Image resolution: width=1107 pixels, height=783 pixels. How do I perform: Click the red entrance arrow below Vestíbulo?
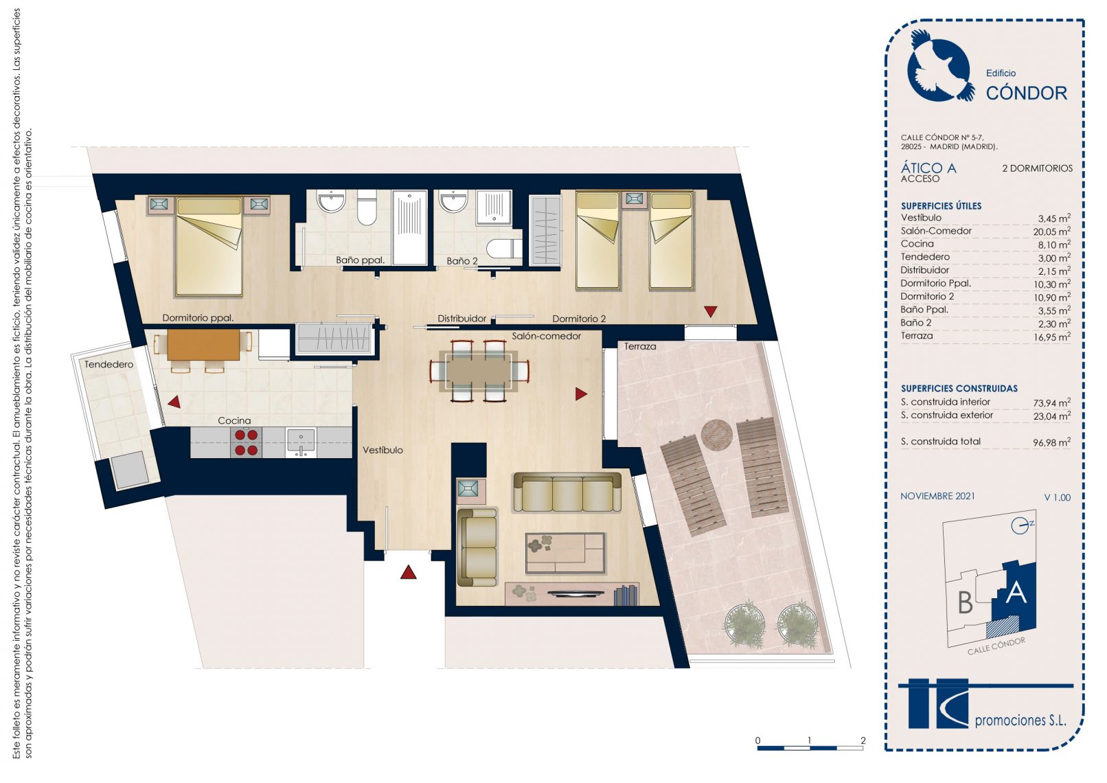tap(408, 572)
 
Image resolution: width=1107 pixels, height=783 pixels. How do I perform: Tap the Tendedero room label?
tap(109, 365)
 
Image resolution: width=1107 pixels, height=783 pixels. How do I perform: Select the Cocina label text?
tap(234, 420)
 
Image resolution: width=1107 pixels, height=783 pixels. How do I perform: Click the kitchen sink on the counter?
tap(301, 442)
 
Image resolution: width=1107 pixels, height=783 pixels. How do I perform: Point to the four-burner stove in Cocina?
tap(246, 442)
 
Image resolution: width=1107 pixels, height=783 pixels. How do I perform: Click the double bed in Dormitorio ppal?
tap(209, 247)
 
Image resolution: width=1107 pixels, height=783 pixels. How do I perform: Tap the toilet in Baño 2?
tap(504, 248)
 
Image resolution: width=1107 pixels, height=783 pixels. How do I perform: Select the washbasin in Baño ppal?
tap(331, 201)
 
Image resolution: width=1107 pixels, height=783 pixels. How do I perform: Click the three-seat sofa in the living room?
tap(567, 492)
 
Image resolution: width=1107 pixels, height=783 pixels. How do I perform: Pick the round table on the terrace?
tap(716, 435)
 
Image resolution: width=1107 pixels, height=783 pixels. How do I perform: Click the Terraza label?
tap(640, 347)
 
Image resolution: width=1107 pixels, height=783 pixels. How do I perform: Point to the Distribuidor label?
tap(462, 319)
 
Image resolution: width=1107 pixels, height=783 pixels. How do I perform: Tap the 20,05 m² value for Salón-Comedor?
tap(1051, 231)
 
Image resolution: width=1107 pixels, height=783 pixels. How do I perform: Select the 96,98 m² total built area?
tap(1051, 442)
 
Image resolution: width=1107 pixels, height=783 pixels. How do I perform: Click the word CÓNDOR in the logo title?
tap(1027, 93)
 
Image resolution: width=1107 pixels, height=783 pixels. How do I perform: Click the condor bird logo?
tap(940, 66)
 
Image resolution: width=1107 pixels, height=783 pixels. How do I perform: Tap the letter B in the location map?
tap(965, 602)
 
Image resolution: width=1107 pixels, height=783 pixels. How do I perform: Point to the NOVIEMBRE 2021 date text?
tap(937, 497)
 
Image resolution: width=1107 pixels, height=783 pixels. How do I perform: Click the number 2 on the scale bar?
tap(863, 740)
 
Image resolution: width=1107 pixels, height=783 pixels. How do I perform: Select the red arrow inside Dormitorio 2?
tap(711, 311)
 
